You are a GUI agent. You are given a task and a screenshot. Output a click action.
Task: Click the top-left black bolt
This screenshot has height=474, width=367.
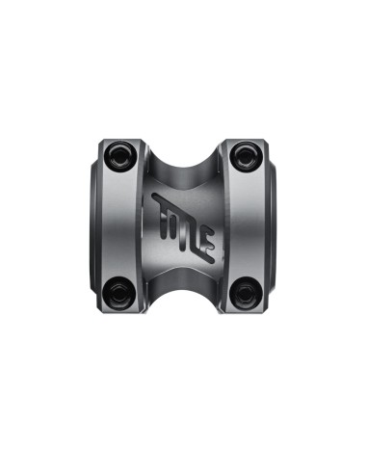pyautogui.click(x=118, y=154)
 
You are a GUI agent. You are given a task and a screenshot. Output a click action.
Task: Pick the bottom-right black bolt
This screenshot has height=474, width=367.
pyautogui.click(x=245, y=293)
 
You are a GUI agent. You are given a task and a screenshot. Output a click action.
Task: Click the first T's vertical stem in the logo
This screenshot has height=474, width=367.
pyautogui.click(x=163, y=223)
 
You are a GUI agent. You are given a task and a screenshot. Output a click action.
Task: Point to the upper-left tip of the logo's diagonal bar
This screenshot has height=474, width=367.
pyautogui.click(x=154, y=196)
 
